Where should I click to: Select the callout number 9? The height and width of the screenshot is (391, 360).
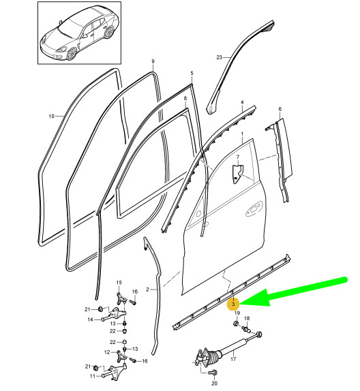tap(153, 62)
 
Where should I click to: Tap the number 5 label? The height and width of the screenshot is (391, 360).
tap(192, 73)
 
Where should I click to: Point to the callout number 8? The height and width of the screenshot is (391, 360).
tap(185, 99)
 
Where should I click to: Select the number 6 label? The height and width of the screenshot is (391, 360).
tap(279, 109)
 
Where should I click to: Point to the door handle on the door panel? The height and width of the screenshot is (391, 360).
tap(256, 207)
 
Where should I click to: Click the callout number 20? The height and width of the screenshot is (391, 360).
tap(215, 384)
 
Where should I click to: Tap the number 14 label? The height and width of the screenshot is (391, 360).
tap(89, 319)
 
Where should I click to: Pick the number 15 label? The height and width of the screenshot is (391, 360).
tap(118, 282)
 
